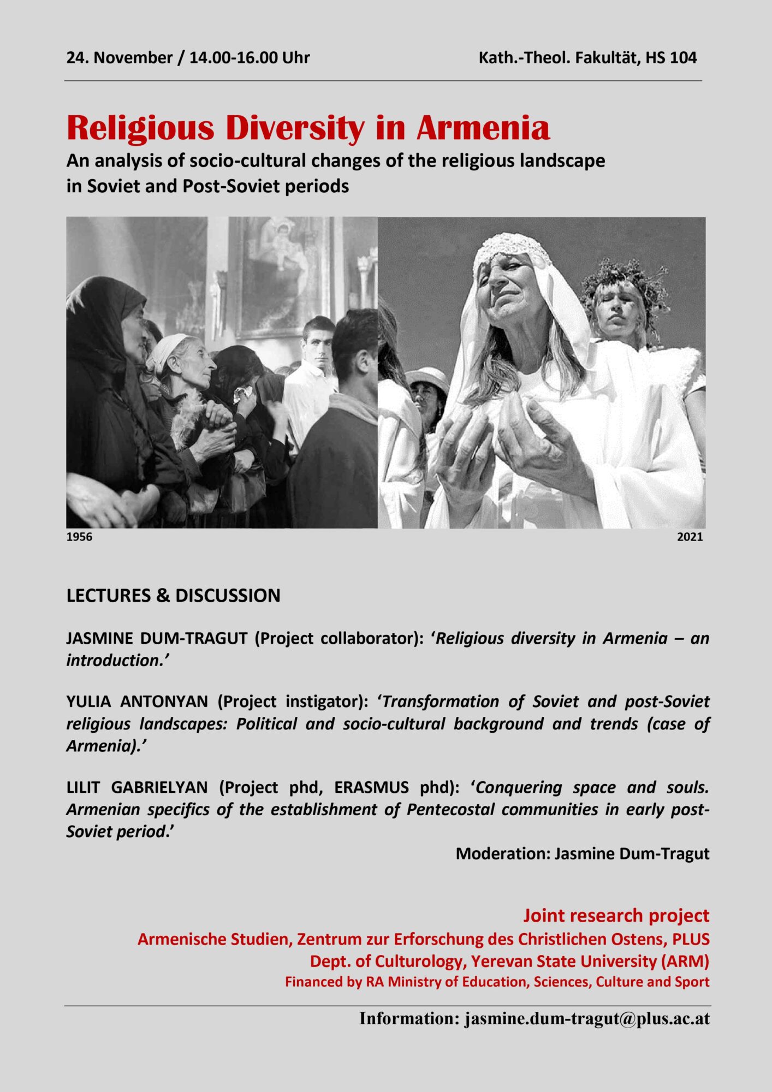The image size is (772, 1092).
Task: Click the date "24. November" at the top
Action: click(x=119, y=58)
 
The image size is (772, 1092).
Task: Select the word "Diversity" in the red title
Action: click(x=295, y=128)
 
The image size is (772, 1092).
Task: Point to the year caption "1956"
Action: click(x=79, y=537)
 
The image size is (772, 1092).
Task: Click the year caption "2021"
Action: click(x=690, y=537)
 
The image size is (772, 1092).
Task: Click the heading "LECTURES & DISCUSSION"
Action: click(x=173, y=595)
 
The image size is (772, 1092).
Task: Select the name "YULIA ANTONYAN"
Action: click(x=137, y=701)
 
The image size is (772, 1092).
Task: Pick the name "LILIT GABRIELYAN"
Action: click(x=137, y=787)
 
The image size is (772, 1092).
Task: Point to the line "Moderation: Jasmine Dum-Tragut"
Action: click(x=583, y=853)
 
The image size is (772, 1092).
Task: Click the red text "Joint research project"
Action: click(x=616, y=916)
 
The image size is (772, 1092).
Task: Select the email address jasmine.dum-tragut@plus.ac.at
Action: click(x=587, y=1019)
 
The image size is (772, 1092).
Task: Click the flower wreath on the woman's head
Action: click(x=625, y=278)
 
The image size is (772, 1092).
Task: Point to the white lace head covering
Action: click(x=510, y=246)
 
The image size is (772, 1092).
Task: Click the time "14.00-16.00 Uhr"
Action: click(x=250, y=58)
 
